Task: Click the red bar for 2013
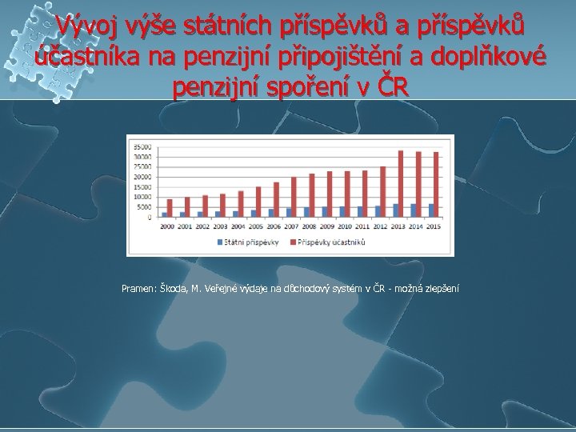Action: (400, 183)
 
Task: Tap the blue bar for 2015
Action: (431, 210)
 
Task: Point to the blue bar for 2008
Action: (306, 212)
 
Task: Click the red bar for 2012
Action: (382, 191)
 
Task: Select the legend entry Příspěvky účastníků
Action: (336, 242)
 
